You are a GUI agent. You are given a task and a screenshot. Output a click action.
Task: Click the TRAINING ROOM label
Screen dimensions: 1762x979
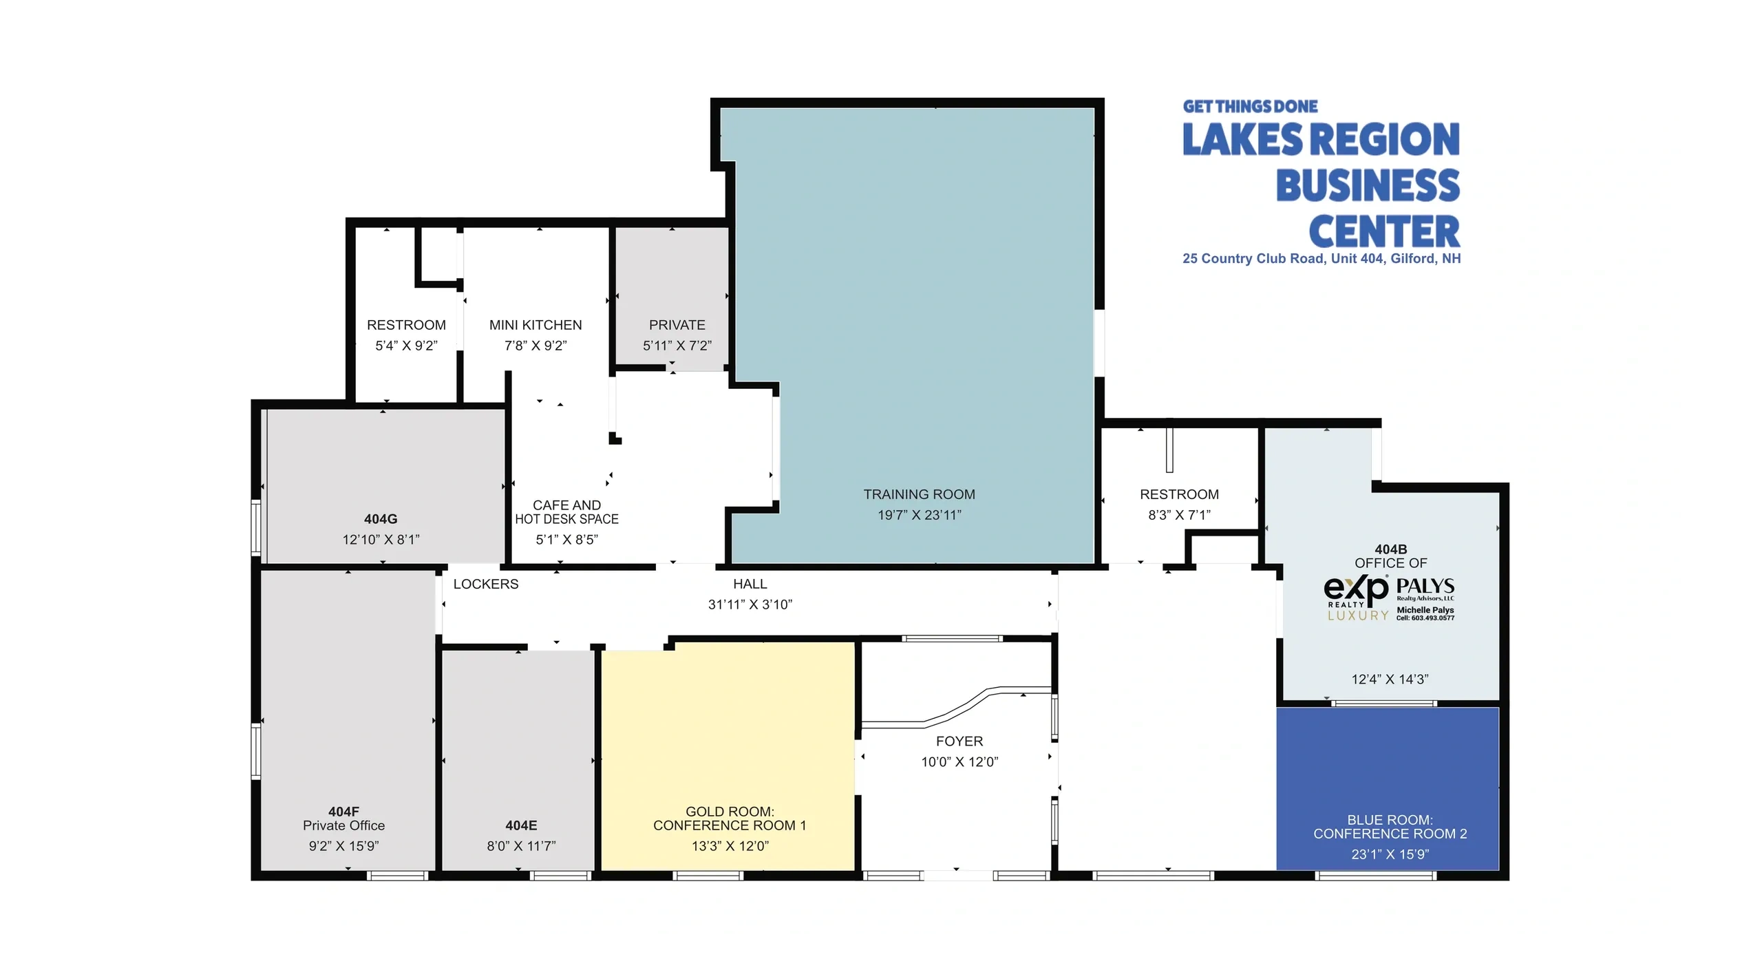[919, 494]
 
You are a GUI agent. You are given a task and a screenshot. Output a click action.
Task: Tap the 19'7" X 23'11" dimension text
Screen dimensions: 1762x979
[919, 515]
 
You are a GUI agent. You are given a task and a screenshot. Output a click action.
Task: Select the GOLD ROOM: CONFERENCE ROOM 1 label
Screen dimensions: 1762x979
[730, 819]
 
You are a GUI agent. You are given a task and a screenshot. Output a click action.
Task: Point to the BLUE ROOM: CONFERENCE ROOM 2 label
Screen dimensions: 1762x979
[1390, 827]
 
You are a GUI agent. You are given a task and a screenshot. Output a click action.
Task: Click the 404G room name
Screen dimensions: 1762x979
[381, 519]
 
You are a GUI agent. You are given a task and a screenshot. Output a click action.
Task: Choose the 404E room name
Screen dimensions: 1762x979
[521, 825]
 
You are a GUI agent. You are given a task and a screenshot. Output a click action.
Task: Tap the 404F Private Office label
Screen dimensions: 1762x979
[343, 819]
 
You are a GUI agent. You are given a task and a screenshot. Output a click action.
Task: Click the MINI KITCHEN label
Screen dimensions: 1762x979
[535, 325]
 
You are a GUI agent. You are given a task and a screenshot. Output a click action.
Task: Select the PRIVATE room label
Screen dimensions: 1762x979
[677, 325]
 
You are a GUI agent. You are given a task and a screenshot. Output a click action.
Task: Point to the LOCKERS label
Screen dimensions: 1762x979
[486, 584]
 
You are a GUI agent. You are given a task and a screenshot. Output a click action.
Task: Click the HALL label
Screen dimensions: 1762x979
[750, 584]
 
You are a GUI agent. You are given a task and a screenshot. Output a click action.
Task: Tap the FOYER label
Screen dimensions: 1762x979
[959, 741]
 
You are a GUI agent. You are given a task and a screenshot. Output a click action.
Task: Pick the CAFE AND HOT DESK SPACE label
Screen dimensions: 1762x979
[566, 512]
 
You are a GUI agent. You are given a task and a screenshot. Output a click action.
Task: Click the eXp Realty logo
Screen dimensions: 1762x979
[1357, 597]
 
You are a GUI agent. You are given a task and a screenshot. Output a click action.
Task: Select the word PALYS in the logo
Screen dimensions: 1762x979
[1425, 586]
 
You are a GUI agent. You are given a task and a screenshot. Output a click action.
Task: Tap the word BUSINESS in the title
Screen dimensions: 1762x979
[1368, 185]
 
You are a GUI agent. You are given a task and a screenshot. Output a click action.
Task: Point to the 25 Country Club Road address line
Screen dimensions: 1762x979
[1321, 259]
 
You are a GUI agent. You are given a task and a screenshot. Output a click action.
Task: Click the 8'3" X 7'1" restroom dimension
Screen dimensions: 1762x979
[1179, 515]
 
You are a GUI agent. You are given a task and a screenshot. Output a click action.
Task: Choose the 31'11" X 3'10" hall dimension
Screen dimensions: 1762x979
[750, 604]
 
